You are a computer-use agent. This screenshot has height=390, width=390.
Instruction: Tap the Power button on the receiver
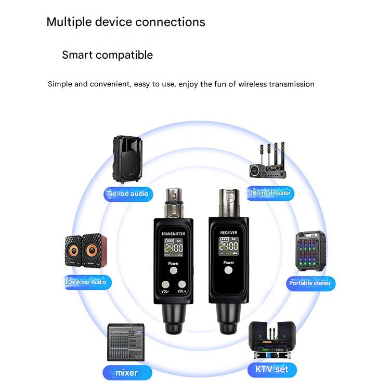pyautogui.click(x=229, y=270)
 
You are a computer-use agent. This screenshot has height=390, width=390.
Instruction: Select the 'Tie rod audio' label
pyautogui.click(x=127, y=194)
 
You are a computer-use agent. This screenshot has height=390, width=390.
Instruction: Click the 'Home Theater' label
pyautogui.click(x=270, y=193)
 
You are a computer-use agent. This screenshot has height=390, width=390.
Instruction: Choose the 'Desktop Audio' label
pyautogui.click(x=86, y=282)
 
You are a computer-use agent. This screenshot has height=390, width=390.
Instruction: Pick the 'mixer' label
pyautogui.click(x=127, y=372)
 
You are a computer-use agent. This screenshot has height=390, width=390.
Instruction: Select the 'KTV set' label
pyautogui.click(x=271, y=370)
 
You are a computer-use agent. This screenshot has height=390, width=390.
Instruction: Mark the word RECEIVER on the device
pyautogui.click(x=229, y=232)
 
